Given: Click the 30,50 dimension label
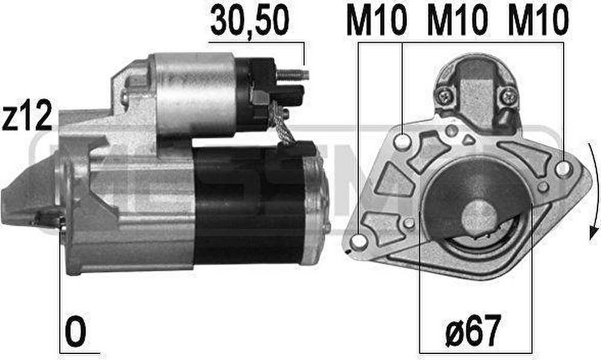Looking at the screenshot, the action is pyautogui.click(x=249, y=20).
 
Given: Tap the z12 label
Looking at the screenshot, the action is pyautogui.click(x=27, y=115).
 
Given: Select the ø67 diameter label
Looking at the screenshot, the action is pyautogui.click(x=473, y=330).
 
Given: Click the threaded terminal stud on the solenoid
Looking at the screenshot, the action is pyautogui.click(x=292, y=75).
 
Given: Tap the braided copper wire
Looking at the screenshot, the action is pyautogui.click(x=282, y=123).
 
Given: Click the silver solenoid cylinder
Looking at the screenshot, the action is pyautogui.click(x=194, y=94).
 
